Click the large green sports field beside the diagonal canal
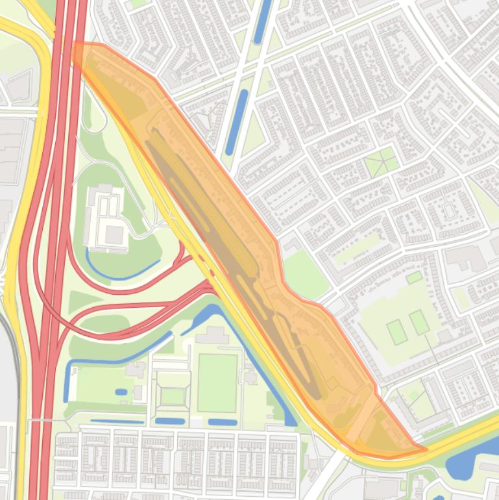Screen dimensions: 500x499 pyautogui.click(x=217, y=382)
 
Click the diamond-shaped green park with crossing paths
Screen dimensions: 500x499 pyautogui.click(x=381, y=162)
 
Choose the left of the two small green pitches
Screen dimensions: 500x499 pyautogui.click(x=396, y=332)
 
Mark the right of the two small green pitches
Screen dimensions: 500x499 pyautogui.click(x=419, y=322)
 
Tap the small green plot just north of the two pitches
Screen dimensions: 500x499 pyautogui.click(x=414, y=278)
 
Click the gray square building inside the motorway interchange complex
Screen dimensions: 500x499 pyautogui.click(x=115, y=235)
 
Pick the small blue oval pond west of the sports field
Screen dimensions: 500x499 pyautogui.click(x=121, y=392)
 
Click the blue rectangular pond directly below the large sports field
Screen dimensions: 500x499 pyautogui.click(x=223, y=422)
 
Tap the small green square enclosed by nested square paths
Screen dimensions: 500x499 pyautogui.click(x=173, y=395)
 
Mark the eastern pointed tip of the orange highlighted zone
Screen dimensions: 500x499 pyautogui.click(x=425, y=449)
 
